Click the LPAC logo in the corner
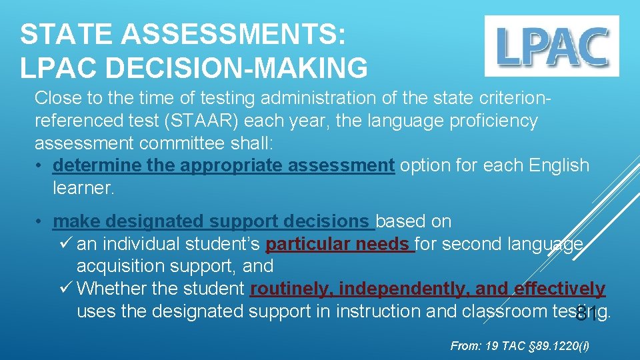tap(551, 45)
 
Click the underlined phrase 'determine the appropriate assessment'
tap(224, 165)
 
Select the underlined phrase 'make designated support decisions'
tap(214, 221)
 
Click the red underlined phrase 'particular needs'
tap(340, 244)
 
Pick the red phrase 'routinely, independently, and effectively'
tap(427, 289)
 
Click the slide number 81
tap(587, 314)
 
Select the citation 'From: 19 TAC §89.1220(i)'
tap(519, 345)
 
